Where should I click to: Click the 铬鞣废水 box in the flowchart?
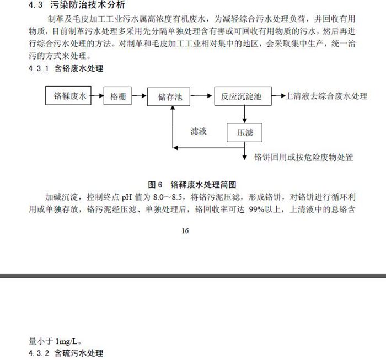(68, 95)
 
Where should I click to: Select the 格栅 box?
(117, 96)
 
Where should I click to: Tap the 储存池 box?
(169, 96)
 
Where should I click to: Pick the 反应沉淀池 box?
(243, 96)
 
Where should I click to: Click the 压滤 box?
(244, 133)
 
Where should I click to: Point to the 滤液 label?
(199, 131)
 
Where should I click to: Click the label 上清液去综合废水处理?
(326, 96)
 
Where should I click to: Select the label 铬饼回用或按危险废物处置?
(303, 157)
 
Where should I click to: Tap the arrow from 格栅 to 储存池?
(140, 95)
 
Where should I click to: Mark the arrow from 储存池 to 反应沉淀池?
(201, 95)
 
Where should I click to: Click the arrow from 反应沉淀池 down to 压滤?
(244, 114)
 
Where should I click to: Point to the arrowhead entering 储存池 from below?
(173, 108)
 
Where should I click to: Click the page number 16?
(185, 230)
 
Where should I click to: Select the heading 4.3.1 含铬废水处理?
(66, 68)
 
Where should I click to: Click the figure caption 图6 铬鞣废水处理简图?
(192, 184)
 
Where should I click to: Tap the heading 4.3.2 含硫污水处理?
(66, 353)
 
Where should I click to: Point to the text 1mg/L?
(67, 341)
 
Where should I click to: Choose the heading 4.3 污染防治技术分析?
(77, 4)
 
